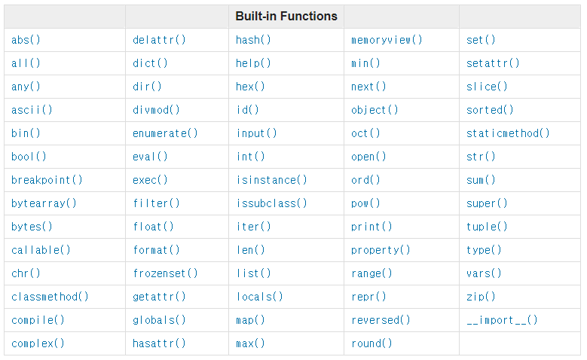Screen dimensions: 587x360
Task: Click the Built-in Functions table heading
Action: coord(286,16)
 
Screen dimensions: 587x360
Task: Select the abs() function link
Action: coord(26,40)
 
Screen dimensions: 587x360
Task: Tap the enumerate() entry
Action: coord(165,133)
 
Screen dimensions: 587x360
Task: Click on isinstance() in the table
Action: coord(271,180)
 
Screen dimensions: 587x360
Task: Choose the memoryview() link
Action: coord(387,40)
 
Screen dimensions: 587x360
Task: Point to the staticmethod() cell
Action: coord(508,133)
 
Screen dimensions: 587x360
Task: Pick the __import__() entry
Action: coord(502,320)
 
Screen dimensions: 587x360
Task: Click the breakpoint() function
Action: coord(47,180)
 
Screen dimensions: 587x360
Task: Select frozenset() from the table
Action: coord(165,273)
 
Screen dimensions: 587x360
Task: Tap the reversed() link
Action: coord(381,320)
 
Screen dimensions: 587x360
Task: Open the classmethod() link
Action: coord(50,297)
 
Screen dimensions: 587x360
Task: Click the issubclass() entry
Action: coord(271,203)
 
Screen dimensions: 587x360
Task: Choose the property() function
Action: coord(381,250)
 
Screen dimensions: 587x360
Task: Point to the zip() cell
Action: coord(481,297)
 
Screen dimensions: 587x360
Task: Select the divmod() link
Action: coord(156,110)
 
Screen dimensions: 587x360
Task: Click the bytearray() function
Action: coord(44,203)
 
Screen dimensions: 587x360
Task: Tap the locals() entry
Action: coord(259,297)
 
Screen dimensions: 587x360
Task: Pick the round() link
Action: coord(371,343)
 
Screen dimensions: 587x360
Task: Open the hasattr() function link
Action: coord(159,343)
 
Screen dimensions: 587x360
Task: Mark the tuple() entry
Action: coord(487,227)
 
